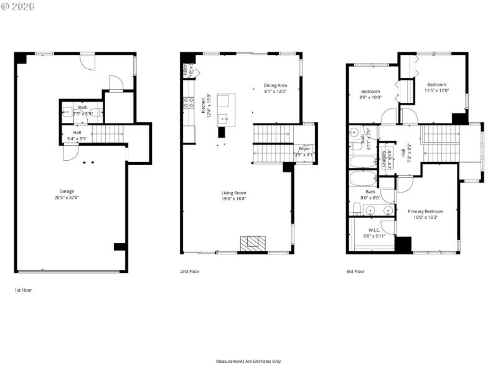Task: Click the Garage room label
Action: click(67, 191)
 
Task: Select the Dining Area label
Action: click(275, 85)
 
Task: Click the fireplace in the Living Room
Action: click(253, 243)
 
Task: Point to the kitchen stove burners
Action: click(189, 103)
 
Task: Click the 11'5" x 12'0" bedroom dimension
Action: click(436, 90)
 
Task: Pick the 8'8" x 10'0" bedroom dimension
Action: click(370, 97)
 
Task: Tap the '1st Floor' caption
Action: click(24, 290)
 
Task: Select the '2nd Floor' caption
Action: click(190, 271)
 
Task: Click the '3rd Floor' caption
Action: click(355, 271)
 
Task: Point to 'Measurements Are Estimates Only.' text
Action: click(249, 362)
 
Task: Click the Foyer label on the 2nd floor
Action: click(304, 148)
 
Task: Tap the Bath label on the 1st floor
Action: click(83, 108)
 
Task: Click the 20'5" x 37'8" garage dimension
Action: click(67, 198)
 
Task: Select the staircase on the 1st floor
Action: click(108, 133)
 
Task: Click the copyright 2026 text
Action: click(19, 6)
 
